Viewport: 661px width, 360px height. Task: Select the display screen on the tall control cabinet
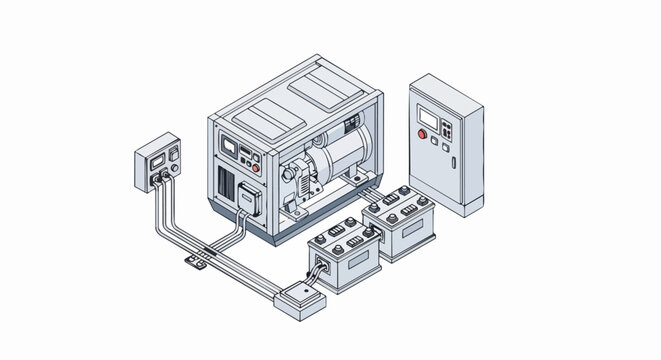tap(429, 117)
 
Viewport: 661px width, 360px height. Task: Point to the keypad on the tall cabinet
tap(445, 130)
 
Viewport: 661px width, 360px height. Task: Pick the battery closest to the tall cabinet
tap(399, 223)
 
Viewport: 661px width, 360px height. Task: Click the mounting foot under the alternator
tap(356, 182)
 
